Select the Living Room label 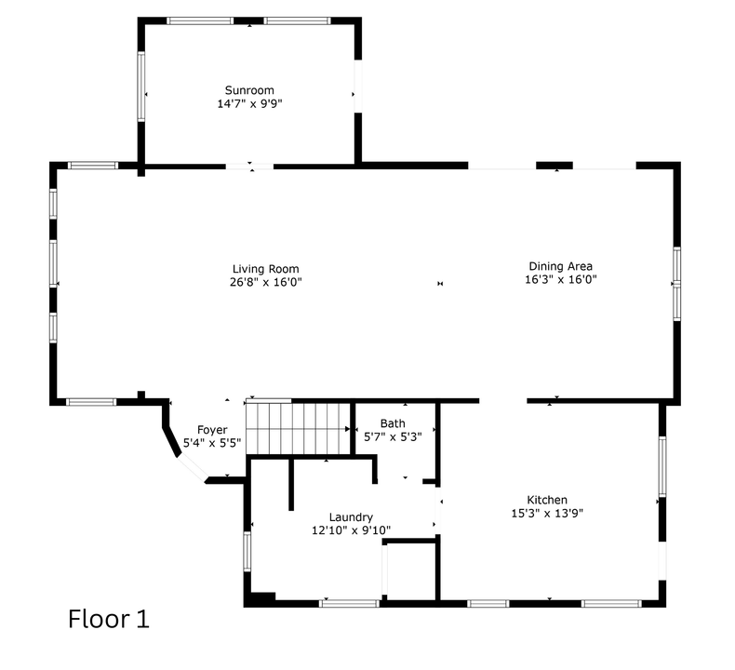[266, 269]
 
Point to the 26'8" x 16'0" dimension [266, 282]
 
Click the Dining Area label [560, 266]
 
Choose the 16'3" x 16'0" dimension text [560, 279]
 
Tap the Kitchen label [547, 500]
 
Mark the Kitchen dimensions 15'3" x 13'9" [547, 513]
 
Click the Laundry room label [351, 517]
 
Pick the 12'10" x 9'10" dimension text [351, 530]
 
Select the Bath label [392, 423]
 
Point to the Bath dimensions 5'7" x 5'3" [392, 436]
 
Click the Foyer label [212, 430]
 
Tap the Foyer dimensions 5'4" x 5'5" [212, 443]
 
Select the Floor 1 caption [108, 619]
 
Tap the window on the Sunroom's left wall [141, 86]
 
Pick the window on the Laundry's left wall [247, 550]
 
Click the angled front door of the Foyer [194, 469]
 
